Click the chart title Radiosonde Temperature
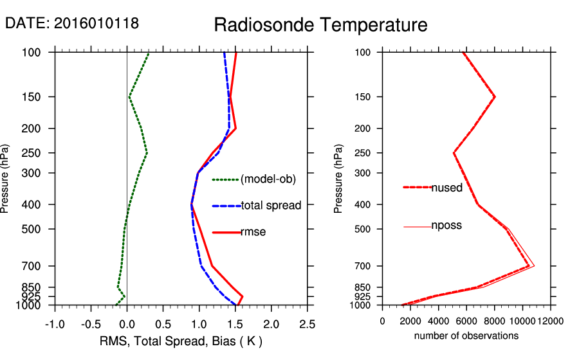[x=320, y=25]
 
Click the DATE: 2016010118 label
[x=72, y=23]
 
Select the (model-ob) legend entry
[x=268, y=179]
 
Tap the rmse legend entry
[x=253, y=232]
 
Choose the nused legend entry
[x=446, y=187]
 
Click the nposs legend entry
[x=446, y=226]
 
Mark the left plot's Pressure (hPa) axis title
[x=5, y=179]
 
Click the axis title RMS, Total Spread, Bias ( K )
[x=181, y=340]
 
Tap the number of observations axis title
[x=466, y=336]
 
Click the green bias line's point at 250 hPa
[x=147, y=153]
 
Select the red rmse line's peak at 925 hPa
[x=242, y=296]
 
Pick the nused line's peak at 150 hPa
[x=495, y=97]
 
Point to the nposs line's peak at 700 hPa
[x=534, y=265]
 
